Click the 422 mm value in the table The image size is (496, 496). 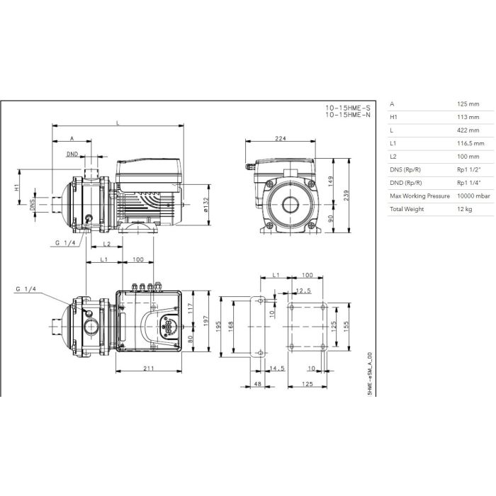468,130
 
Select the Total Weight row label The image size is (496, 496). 407,209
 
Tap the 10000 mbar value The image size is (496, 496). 473,196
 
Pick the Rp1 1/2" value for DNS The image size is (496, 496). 469,169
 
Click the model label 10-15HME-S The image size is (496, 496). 348,108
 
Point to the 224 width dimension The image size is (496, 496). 281,138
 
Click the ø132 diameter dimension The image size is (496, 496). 206,205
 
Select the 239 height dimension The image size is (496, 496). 346,196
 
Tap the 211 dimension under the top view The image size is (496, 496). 149,368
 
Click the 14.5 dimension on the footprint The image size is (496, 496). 277,368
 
